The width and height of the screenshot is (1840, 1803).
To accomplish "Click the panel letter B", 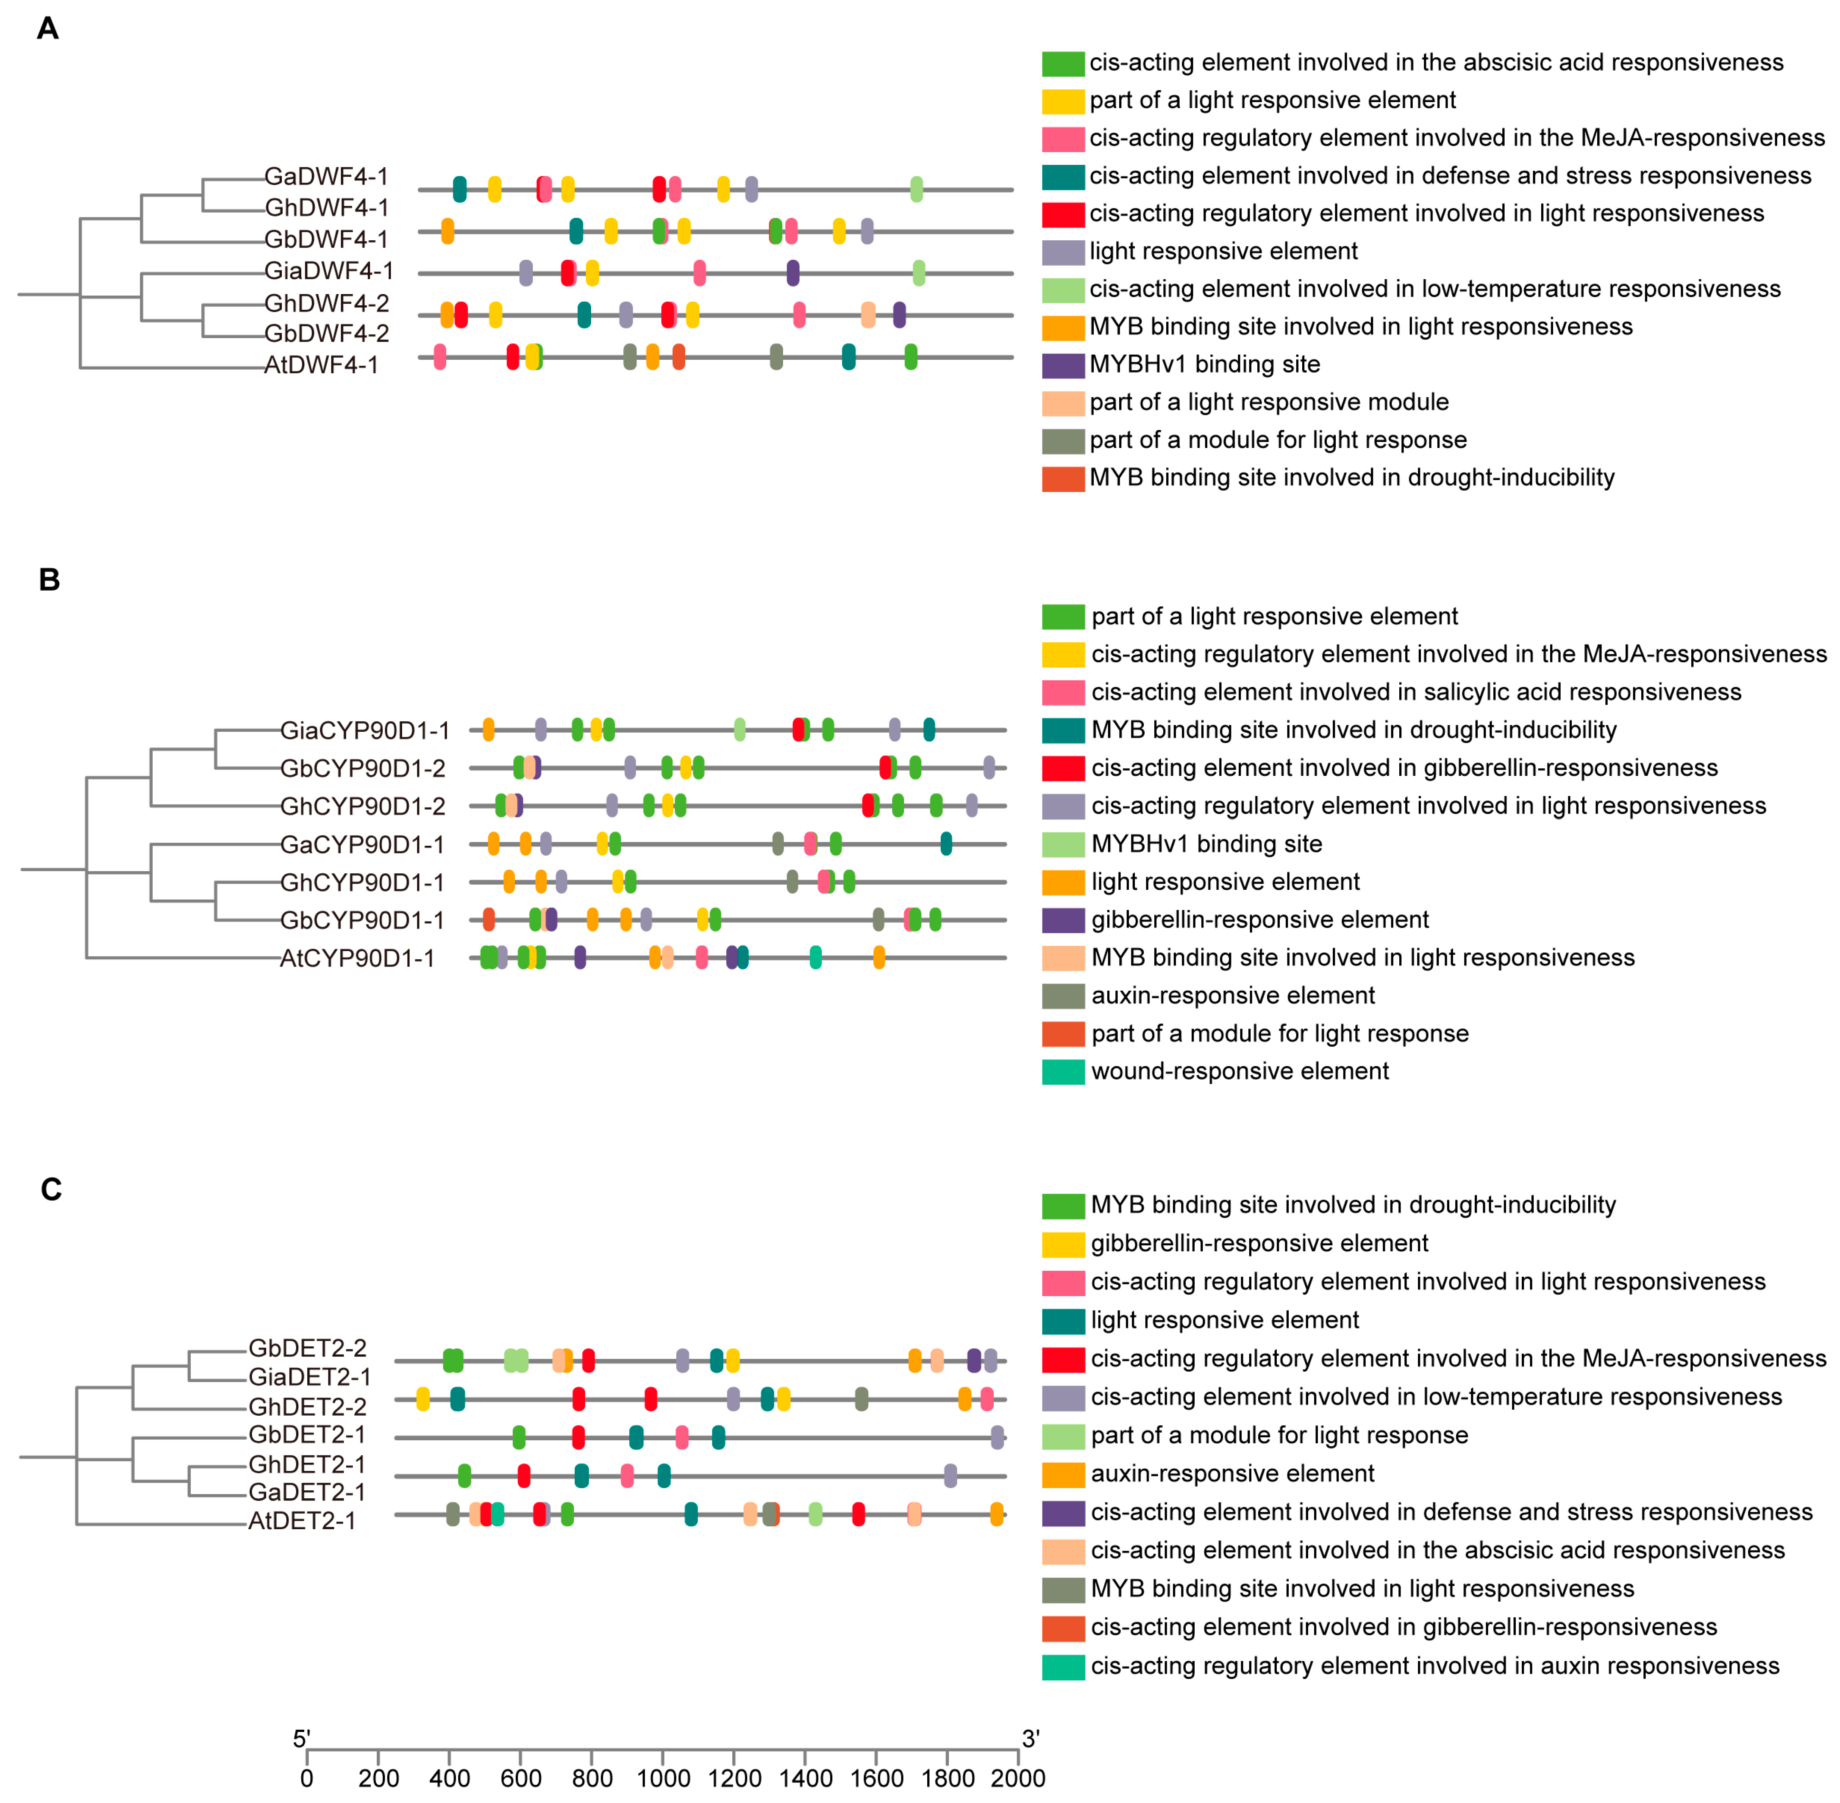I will tap(49, 580).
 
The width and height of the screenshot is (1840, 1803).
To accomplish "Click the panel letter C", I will tap(51, 1189).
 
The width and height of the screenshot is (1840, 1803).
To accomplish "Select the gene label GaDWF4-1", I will tap(326, 177).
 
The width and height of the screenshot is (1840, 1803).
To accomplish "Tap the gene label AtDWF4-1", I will tap(321, 366).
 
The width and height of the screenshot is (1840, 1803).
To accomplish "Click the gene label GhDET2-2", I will tap(307, 1407).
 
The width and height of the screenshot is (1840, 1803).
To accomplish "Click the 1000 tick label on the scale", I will tap(663, 1778).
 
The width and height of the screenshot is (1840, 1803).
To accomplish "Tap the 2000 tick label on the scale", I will tap(1018, 1778).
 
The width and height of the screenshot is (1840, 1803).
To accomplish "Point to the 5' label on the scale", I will tap(301, 1739).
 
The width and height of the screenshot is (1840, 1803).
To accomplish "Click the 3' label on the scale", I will tap(1030, 1739).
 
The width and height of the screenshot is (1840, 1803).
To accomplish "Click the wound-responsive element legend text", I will tap(1240, 1071).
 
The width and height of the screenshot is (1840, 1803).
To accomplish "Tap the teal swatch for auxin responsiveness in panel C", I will tap(1062, 1667).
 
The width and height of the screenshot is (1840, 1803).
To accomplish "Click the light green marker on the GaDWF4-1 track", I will tap(916, 189).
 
